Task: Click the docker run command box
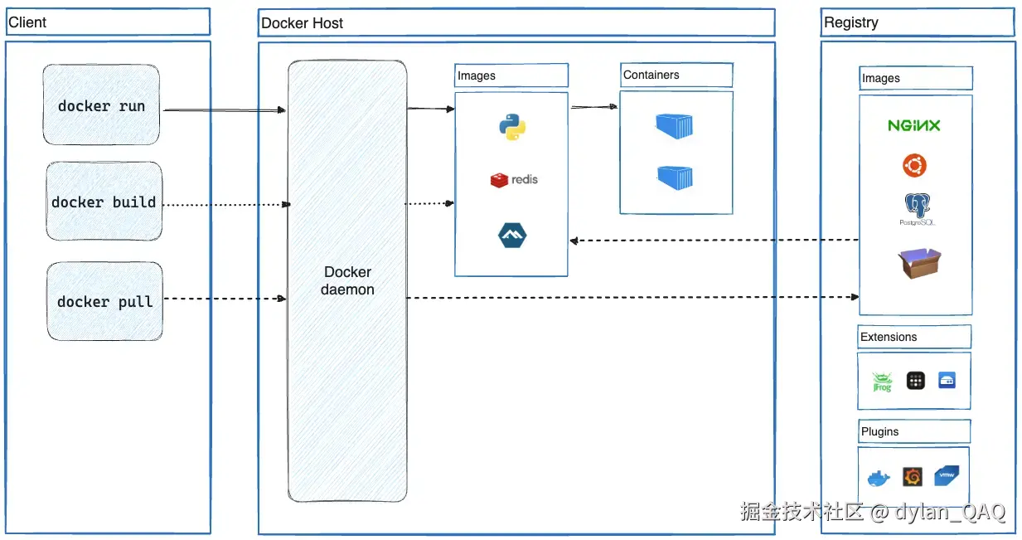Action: pos(101,106)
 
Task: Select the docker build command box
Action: pos(104,202)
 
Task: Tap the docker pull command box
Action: pos(104,302)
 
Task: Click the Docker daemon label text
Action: pos(347,281)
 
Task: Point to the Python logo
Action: pos(512,127)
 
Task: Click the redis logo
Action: pos(513,180)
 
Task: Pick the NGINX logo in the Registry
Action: pos(914,126)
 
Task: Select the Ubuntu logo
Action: pos(914,166)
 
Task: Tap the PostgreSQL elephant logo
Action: pos(915,208)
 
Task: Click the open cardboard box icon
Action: pos(919,263)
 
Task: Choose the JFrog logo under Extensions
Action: pos(882,382)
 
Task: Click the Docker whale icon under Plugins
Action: pos(878,478)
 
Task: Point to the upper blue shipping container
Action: pos(674,126)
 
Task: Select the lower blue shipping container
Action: pos(675,177)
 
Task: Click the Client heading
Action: pos(27,22)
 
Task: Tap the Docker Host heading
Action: pos(302,23)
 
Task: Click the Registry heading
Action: pos(851,22)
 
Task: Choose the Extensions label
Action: pos(889,337)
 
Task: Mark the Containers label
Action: pos(651,75)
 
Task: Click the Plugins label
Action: pos(879,431)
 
